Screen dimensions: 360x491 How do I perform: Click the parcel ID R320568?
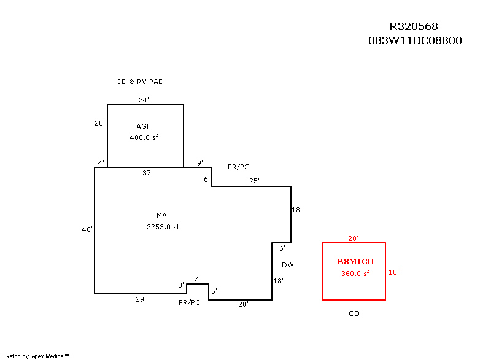click(414, 26)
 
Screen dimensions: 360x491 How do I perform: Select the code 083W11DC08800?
click(414, 40)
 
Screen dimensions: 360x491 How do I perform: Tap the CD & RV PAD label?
click(140, 82)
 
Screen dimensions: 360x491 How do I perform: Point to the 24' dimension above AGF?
click(144, 99)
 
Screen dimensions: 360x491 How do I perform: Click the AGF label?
click(144, 126)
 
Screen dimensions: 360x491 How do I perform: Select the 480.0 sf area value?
click(144, 137)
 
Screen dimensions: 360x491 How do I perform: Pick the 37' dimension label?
click(147, 173)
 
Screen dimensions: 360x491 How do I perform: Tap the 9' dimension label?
click(200, 163)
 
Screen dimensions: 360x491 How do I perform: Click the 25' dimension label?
click(254, 180)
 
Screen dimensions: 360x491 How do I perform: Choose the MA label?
click(162, 215)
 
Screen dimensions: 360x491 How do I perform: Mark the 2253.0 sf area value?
click(163, 226)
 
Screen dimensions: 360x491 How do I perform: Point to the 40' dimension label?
click(87, 229)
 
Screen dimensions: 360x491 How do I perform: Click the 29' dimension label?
click(141, 299)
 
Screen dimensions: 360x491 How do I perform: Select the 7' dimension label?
click(197, 279)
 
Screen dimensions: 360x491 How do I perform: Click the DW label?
click(288, 265)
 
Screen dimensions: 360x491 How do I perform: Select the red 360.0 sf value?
click(355, 274)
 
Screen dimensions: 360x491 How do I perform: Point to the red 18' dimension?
click(394, 272)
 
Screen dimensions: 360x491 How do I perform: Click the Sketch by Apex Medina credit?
click(37, 356)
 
